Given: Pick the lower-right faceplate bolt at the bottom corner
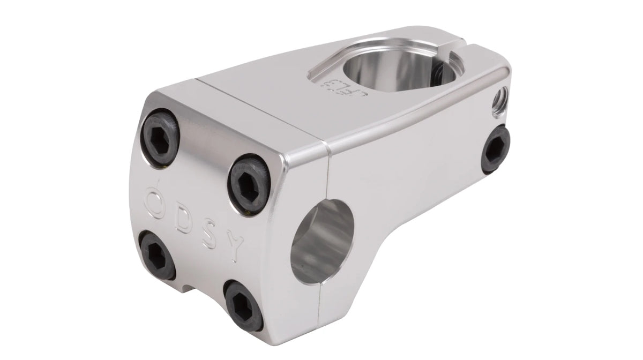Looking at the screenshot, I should [243, 304].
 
